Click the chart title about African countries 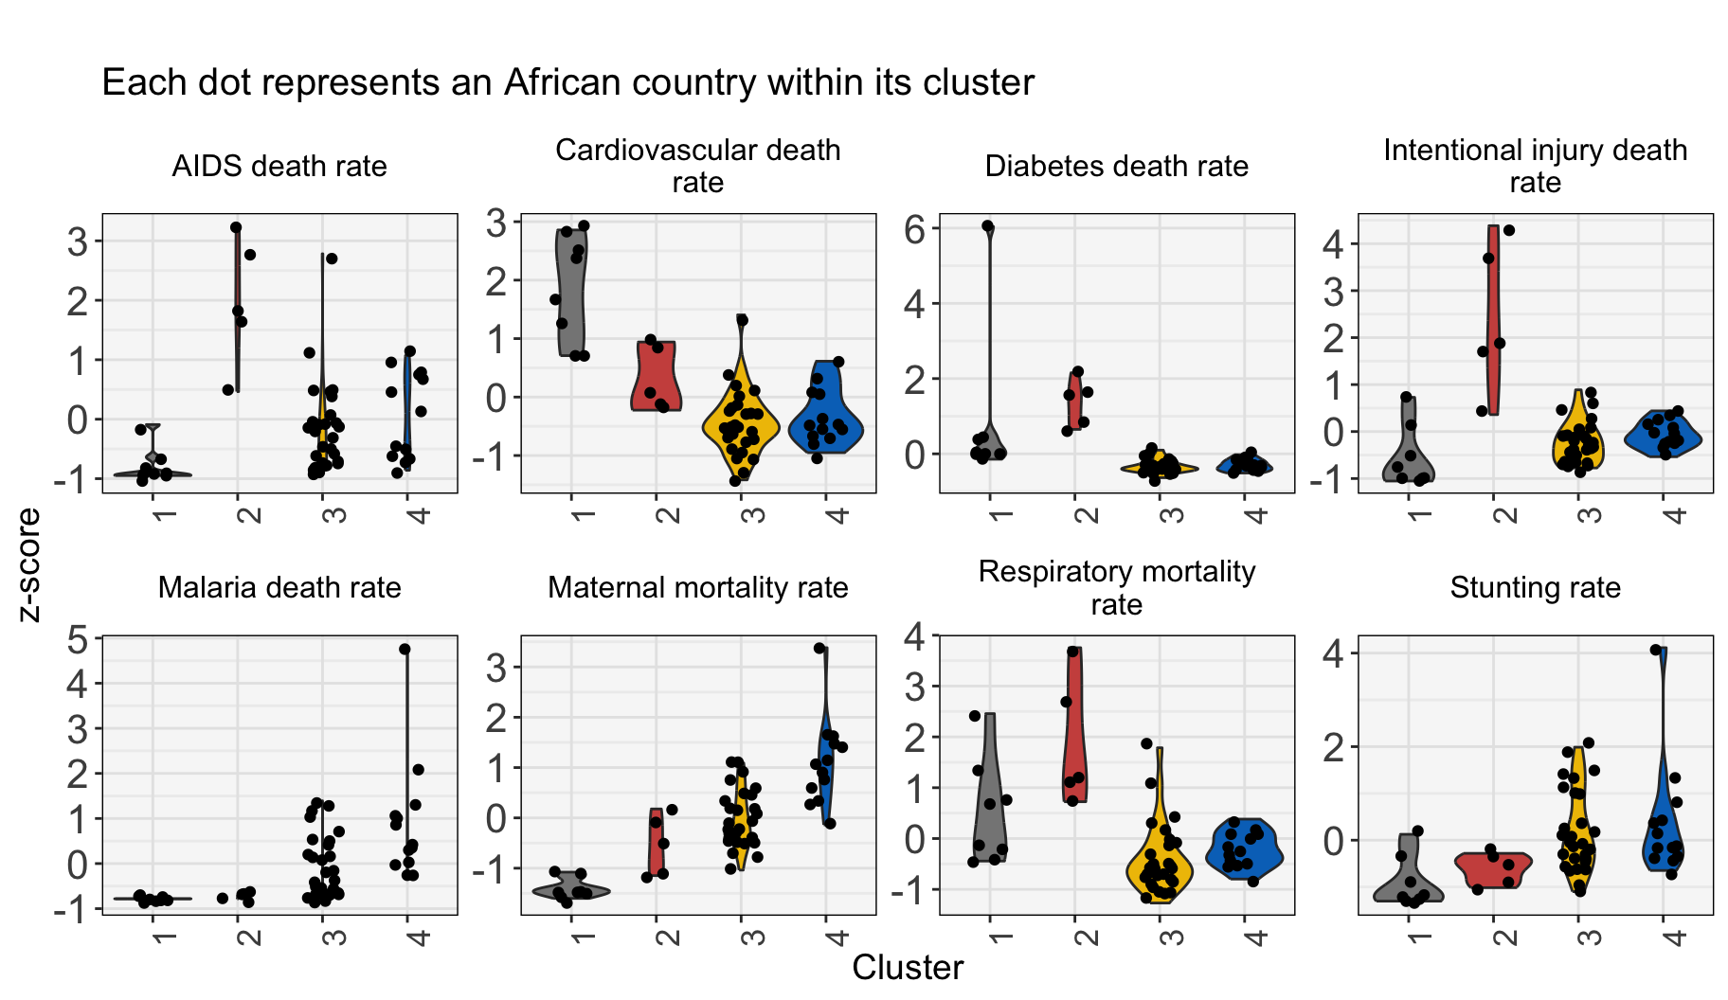coord(567,83)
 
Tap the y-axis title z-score coord(29,564)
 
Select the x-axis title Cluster coord(908,968)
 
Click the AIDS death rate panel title coord(279,167)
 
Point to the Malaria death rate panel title coord(279,588)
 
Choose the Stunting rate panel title coord(1535,588)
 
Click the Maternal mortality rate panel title coord(698,588)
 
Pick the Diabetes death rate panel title coord(1116,167)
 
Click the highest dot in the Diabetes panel coord(988,226)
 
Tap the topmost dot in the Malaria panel coord(405,650)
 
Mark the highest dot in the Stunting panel coord(1656,650)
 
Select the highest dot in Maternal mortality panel coord(819,649)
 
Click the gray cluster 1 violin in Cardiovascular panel coord(571,294)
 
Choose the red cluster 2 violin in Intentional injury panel coord(1493,322)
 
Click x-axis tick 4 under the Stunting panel coord(1674,937)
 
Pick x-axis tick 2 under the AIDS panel coord(247,516)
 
